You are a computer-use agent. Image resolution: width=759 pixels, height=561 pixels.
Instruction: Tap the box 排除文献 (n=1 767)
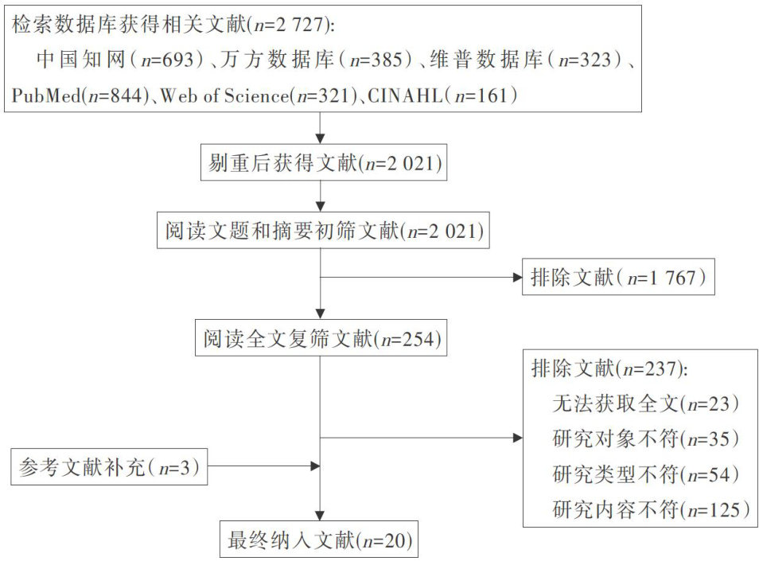point(618,278)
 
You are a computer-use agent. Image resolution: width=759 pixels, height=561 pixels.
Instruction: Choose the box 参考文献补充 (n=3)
point(110,467)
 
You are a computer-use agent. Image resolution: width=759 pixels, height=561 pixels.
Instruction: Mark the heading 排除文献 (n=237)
point(609,368)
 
